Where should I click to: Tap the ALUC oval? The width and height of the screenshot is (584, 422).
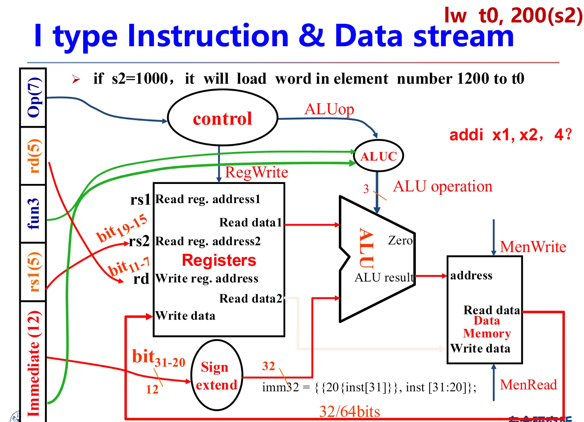[378, 156]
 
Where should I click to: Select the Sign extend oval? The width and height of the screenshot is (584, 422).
[217, 375]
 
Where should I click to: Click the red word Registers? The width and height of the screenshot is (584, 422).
[219, 260]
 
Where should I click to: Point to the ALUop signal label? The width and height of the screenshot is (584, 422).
[329, 109]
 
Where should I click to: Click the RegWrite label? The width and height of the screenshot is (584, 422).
[256, 172]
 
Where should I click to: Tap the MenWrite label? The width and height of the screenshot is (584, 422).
[533, 247]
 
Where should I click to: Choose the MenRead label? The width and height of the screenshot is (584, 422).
[528, 385]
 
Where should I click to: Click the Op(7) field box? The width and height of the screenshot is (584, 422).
[33, 97]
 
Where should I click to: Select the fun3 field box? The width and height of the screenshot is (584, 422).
[33, 213]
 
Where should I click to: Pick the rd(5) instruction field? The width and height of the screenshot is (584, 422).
[33, 156]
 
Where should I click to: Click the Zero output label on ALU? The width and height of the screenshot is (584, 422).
[400, 240]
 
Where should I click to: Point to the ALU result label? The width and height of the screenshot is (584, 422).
[384, 277]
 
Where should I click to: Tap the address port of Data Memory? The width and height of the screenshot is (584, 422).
[471, 275]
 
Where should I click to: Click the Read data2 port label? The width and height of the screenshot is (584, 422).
[251, 299]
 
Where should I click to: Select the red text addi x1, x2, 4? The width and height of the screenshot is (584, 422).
[510, 134]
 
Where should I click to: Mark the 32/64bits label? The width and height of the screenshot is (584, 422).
[349, 412]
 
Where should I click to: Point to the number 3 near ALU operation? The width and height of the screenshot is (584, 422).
[366, 189]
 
